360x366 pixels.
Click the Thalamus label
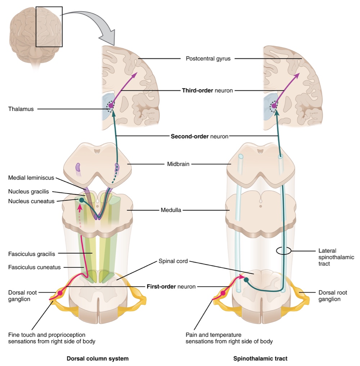point(21,109)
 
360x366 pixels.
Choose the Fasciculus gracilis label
point(32,254)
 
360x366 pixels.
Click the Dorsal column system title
point(98,359)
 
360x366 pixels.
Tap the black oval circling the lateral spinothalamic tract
point(283,251)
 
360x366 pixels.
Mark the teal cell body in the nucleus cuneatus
point(82,200)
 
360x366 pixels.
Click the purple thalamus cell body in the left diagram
point(111,106)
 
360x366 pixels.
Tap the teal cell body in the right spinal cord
point(246,279)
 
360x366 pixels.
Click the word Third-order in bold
point(198,91)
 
